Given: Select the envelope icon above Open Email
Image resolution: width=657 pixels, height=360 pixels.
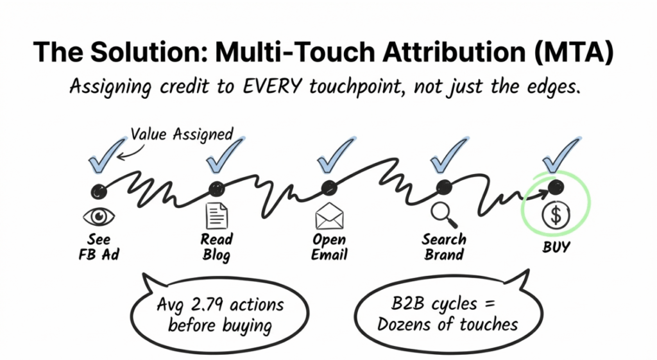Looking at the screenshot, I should [x=329, y=217].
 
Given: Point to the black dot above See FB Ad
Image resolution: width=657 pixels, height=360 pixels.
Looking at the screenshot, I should [x=98, y=190].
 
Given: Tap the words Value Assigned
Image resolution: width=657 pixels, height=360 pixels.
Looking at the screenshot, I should [x=182, y=134].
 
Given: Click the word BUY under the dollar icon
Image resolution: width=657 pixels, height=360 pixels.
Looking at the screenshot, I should [x=555, y=246].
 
